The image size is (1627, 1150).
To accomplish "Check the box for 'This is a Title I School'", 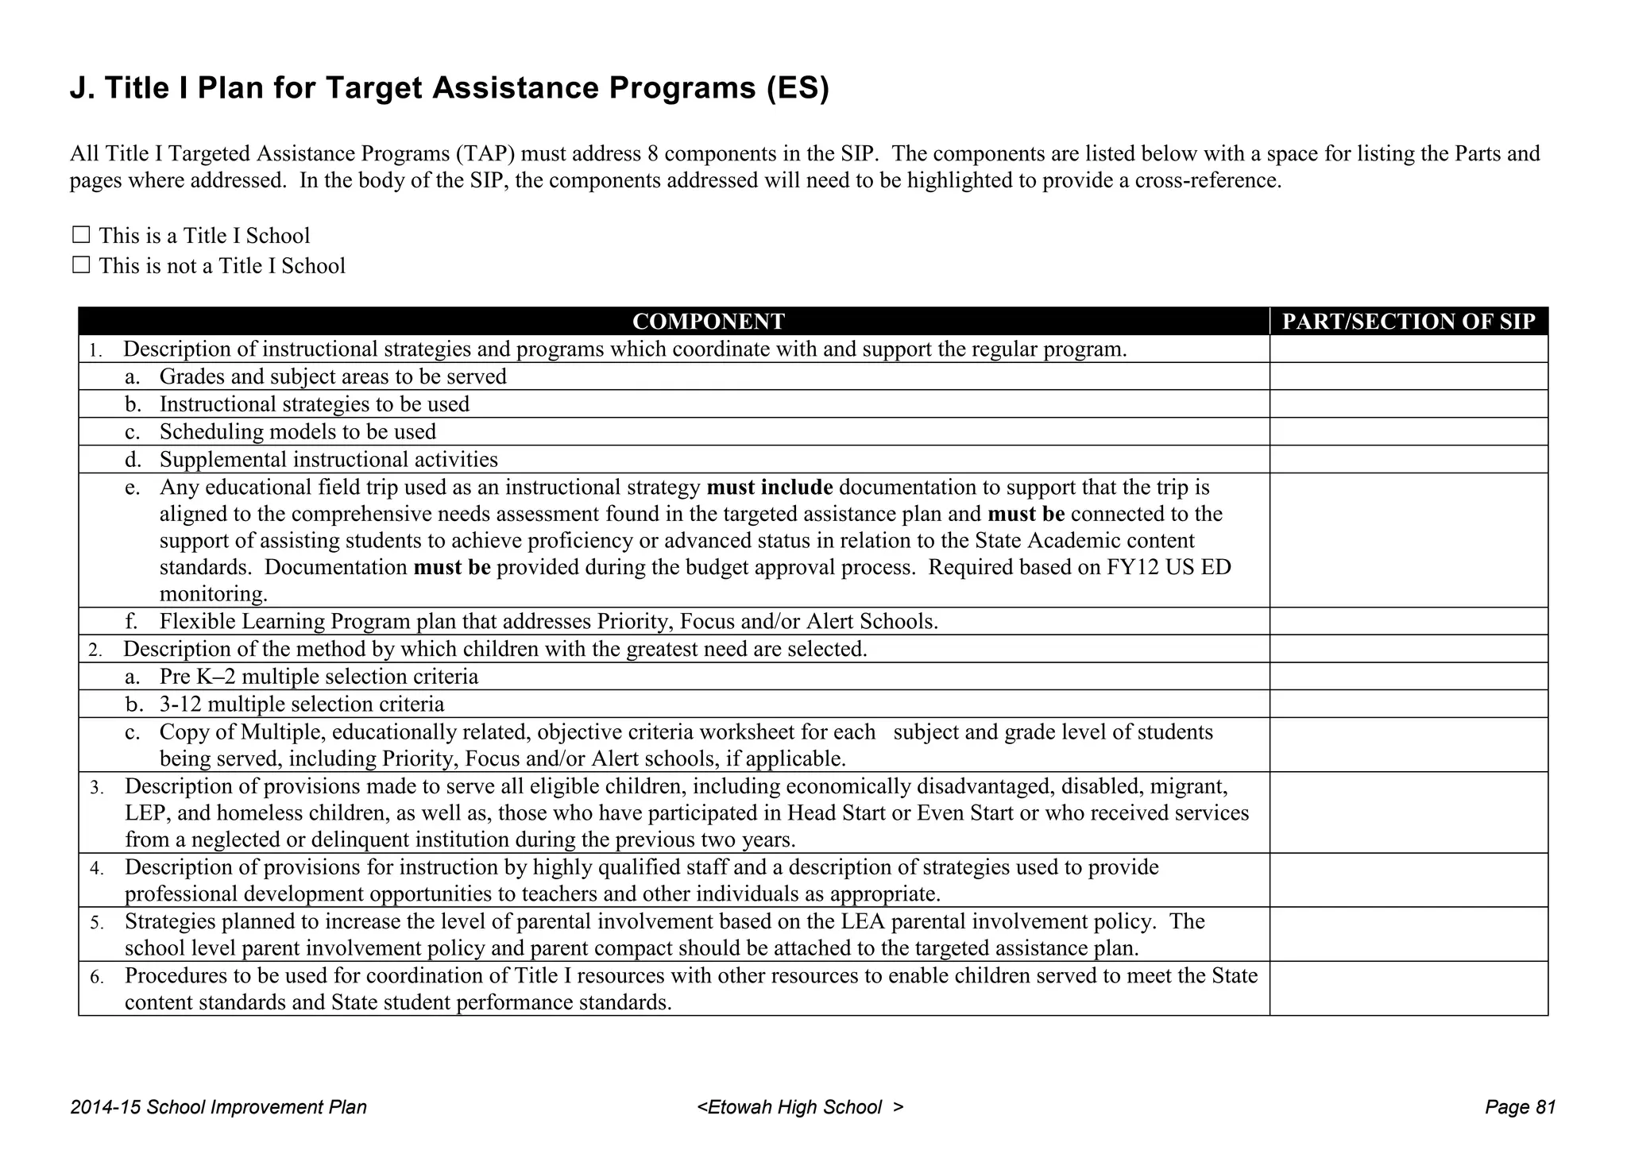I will tap(80, 235).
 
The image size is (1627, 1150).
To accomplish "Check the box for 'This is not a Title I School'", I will tap(80, 264).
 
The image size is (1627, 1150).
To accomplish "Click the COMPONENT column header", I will tap(707, 321).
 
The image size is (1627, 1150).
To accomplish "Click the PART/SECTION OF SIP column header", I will tap(1409, 321).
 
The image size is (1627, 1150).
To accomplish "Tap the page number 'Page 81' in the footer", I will tap(1520, 1107).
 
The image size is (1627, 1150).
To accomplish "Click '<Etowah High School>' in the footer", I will tap(800, 1107).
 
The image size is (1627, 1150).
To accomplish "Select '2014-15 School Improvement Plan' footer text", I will tap(218, 1107).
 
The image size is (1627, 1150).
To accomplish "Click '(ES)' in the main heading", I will tap(798, 88).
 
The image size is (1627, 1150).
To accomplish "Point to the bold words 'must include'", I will tap(769, 487).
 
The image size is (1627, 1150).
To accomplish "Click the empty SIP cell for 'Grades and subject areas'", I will tap(1409, 376).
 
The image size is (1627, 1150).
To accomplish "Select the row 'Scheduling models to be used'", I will tap(298, 432).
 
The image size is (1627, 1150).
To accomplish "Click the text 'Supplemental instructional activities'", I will tap(329, 460).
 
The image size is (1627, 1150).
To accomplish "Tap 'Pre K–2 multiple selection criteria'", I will tap(319, 677).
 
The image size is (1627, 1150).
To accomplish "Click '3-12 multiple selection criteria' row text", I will tap(302, 704).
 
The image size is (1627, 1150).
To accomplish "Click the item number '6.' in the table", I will tap(96, 977).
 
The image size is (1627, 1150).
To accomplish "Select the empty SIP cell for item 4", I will tap(1409, 880).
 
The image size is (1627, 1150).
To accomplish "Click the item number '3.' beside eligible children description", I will tap(96, 788).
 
